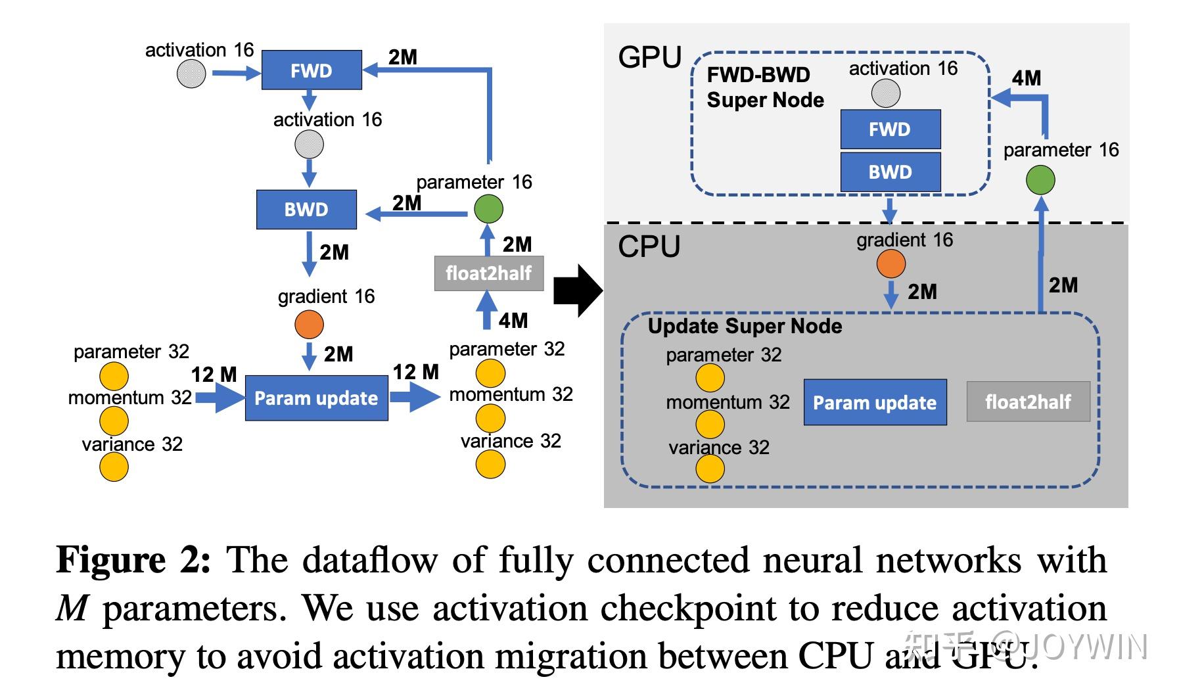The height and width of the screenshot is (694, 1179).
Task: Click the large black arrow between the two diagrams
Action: tap(577, 290)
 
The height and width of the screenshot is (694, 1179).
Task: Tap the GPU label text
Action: tap(649, 58)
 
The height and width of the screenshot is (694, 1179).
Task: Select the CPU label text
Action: tap(649, 247)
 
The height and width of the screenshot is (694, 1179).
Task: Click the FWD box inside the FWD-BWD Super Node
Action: tap(890, 129)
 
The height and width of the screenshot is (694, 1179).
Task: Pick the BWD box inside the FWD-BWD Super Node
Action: tap(890, 172)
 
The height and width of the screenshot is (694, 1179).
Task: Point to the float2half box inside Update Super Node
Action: tap(1028, 402)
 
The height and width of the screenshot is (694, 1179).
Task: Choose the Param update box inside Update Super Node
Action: tap(875, 402)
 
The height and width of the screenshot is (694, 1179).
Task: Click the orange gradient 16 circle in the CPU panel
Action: tap(890, 264)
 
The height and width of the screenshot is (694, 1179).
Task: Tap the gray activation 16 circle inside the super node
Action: tap(885, 93)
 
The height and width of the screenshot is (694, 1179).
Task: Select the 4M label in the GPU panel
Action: tap(1026, 78)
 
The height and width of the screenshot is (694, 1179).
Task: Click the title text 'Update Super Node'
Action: tap(745, 326)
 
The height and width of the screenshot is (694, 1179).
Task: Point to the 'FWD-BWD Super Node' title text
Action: tap(764, 87)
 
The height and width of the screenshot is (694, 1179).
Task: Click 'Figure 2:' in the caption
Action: tap(133, 561)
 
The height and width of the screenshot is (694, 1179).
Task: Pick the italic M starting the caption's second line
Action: tap(72, 609)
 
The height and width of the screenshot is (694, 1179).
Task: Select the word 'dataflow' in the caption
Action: tap(371, 561)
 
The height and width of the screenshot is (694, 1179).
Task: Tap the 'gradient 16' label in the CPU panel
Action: tap(904, 240)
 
